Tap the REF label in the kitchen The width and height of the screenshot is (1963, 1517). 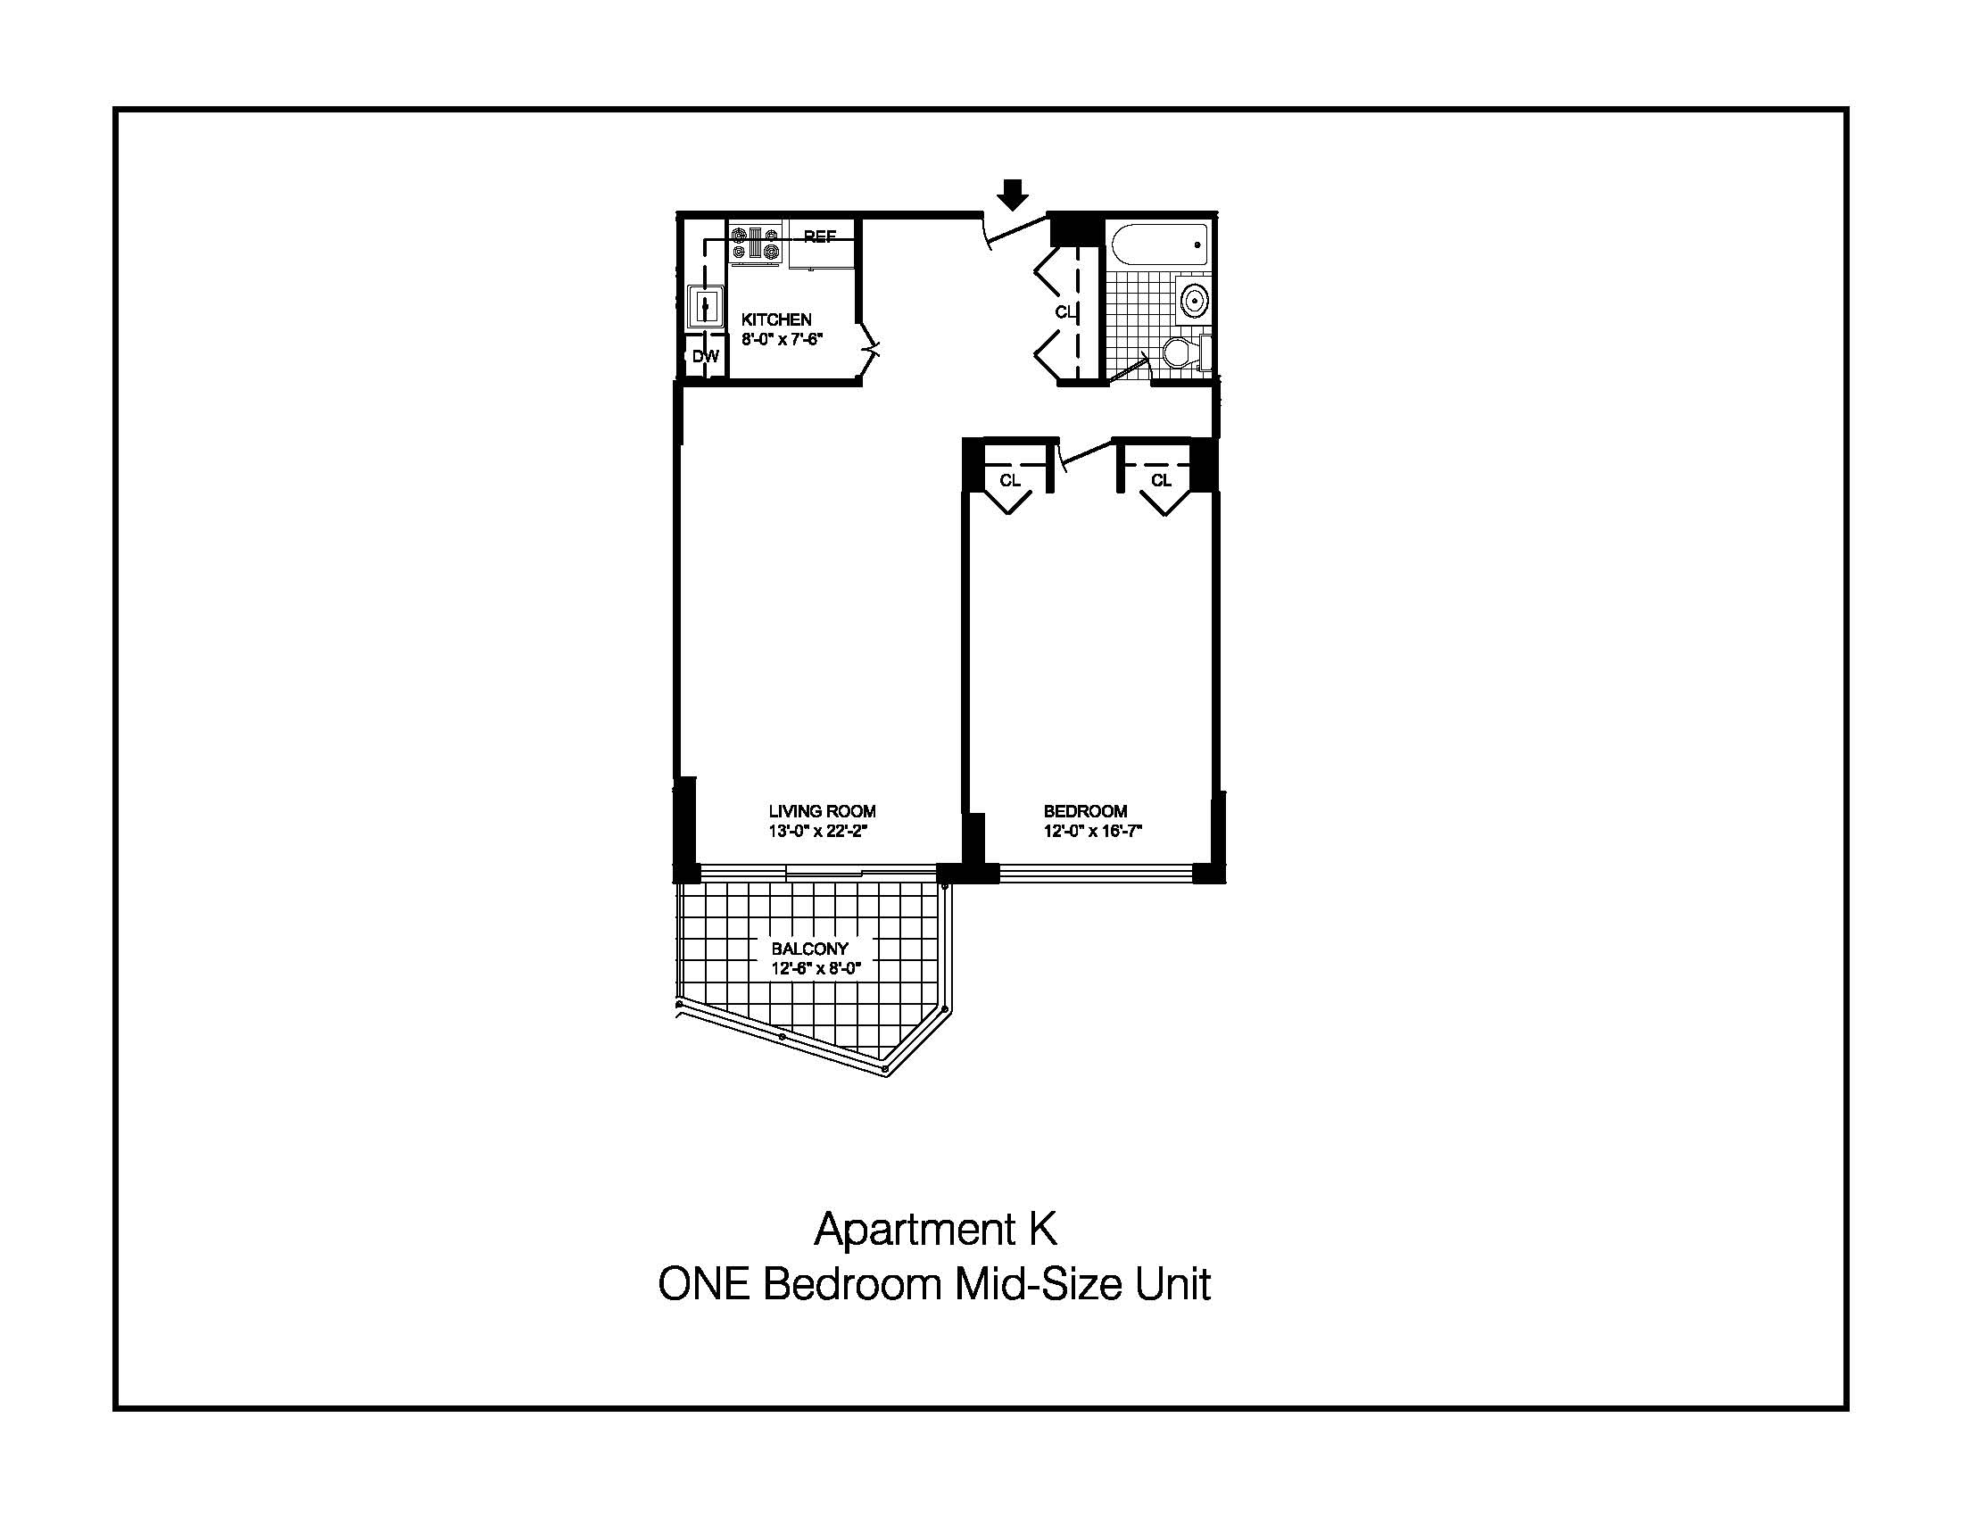coord(819,236)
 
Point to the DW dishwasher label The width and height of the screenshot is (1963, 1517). coord(706,357)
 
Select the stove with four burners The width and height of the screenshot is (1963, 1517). coord(755,245)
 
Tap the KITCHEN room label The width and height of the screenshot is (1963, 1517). coord(775,319)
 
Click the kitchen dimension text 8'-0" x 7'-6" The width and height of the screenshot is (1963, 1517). coord(782,340)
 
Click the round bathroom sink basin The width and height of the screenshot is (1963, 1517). coord(1194,299)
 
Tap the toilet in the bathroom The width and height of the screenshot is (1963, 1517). coord(1184,352)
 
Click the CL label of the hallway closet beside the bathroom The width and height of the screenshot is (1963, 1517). coord(1065,311)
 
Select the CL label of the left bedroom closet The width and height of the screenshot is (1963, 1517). coord(1010,481)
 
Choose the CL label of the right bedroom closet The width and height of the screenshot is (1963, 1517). coord(1161,481)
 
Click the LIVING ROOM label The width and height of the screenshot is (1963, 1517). coord(822,810)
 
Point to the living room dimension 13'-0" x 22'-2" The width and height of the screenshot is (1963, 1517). coord(817,832)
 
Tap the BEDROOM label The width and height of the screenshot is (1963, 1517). coord(1085,810)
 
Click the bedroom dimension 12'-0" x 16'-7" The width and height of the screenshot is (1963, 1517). coord(1092,832)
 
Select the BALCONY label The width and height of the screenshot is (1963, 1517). coord(809,948)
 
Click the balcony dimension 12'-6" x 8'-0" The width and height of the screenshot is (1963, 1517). coord(816,969)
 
